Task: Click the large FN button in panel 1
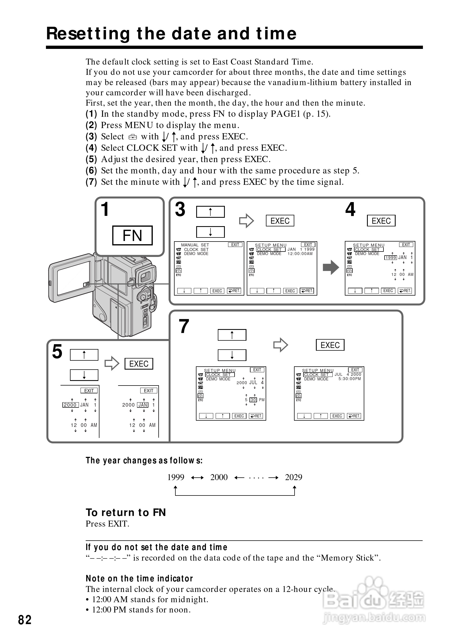pos(132,235)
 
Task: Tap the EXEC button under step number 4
pos(381,221)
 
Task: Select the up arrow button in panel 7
pos(232,335)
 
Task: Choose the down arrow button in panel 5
pos(84,375)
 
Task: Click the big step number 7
pos(184,326)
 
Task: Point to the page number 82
pos(25,620)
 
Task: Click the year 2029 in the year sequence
pos(293,477)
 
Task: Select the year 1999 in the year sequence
pos(176,477)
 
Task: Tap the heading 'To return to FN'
pos(126,512)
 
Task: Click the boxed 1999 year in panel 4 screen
pos(390,258)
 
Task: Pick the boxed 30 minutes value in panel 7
pos(253,400)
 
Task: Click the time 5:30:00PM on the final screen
pos(349,379)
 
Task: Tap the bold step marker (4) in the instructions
pos(91,148)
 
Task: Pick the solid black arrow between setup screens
pos(331,267)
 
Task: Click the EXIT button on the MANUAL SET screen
pos(235,245)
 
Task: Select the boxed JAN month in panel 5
pos(143,405)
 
